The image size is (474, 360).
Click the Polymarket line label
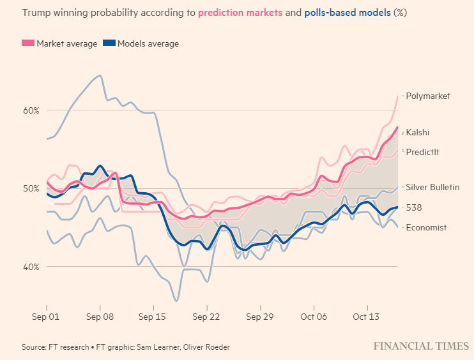[428, 96]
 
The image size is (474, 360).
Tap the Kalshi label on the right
[418, 133]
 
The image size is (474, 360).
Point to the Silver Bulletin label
[432, 187]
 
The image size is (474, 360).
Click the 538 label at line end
[414, 207]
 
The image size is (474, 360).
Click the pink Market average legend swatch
[27, 43]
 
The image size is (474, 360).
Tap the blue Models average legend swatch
[109, 43]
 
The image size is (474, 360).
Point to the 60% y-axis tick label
[31, 110]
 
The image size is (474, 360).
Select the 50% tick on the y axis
[31, 188]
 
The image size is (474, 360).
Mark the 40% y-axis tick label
[31, 267]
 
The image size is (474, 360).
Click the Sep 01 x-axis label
[46, 315]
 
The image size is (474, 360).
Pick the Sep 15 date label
[152, 315]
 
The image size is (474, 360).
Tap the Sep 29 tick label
[259, 315]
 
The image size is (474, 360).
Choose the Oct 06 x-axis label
[313, 315]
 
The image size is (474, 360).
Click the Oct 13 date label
[367, 315]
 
